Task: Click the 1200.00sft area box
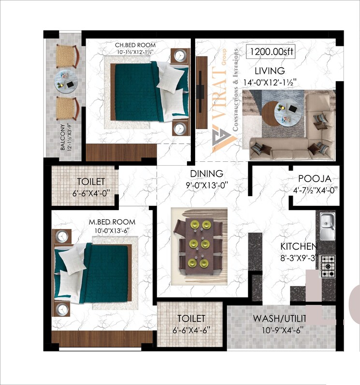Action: coord(270,51)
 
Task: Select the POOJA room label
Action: coord(314,178)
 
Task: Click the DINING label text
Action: coord(206,173)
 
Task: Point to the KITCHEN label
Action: coord(299,246)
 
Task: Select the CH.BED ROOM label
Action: coord(131,45)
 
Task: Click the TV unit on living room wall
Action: coord(201,86)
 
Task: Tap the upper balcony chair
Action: coord(66,56)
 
